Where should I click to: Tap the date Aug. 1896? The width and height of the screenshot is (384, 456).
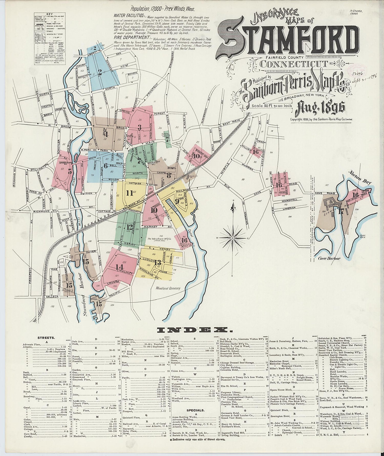[320, 109]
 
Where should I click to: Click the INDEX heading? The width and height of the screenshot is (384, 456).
[192, 329]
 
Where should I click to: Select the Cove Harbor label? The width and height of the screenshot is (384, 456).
[330, 258]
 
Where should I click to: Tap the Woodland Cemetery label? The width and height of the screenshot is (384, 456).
[168, 288]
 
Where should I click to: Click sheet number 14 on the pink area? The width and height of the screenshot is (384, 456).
[119, 267]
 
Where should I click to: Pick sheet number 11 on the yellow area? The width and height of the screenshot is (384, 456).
[130, 193]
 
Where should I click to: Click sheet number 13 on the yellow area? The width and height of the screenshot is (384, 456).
[158, 262]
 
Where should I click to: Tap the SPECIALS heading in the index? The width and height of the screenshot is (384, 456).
[196, 410]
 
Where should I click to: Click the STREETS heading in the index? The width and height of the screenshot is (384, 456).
[46, 338]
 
